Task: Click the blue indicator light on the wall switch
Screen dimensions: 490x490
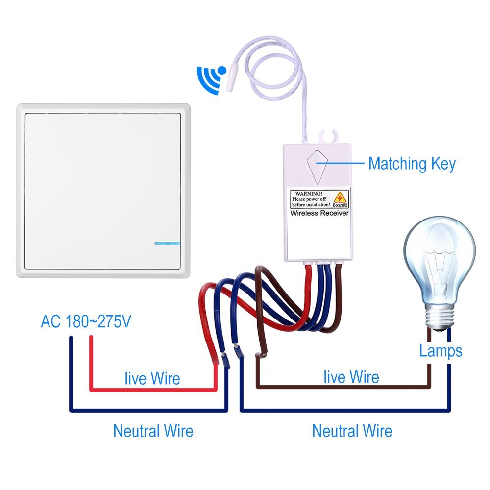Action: click(167, 243)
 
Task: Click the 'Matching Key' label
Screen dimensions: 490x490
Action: click(412, 164)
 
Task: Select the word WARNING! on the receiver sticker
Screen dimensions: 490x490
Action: click(309, 194)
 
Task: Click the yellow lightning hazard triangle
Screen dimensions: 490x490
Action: click(340, 197)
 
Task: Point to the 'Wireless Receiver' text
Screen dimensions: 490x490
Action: click(319, 213)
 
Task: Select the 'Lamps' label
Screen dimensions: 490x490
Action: click(441, 351)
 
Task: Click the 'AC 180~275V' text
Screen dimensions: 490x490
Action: click(86, 321)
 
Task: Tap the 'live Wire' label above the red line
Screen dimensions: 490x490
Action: click(152, 378)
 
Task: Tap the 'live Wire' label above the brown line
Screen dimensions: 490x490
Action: click(351, 376)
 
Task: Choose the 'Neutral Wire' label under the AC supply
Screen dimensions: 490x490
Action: click(153, 431)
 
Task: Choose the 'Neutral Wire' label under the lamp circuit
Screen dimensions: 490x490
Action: click(352, 431)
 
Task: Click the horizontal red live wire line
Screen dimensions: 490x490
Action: click(153, 390)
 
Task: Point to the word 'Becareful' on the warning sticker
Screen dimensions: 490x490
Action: click(340, 205)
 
